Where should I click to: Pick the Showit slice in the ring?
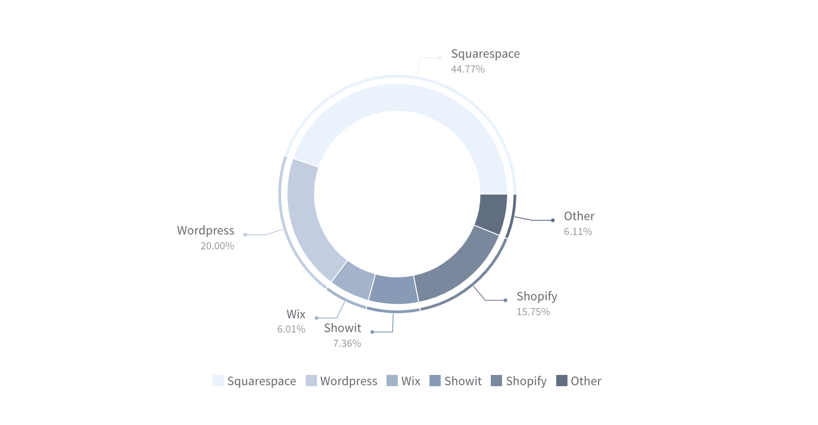click(x=392, y=289)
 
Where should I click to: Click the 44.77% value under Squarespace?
click(x=467, y=69)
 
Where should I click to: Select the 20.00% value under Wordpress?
click(x=217, y=246)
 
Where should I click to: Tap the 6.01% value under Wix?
click(x=291, y=329)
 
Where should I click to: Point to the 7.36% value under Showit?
click(x=347, y=343)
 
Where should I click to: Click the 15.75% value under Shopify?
click(x=533, y=312)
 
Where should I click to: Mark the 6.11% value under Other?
click(x=578, y=231)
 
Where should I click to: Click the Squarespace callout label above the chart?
click(x=485, y=54)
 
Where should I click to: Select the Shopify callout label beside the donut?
click(x=536, y=296)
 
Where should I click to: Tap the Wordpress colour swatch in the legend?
click(x=311, y=381)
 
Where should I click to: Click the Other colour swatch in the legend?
click(x=562, y=381)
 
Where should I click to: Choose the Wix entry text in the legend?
click(x=411, y=381)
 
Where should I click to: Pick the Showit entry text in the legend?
click(x=463, y=381)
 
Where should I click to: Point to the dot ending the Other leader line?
click(x=553, y=220)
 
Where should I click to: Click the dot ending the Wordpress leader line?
click(x=245, y=234)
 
